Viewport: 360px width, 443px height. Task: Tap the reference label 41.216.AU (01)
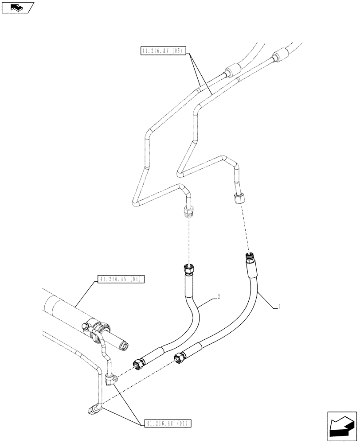166,424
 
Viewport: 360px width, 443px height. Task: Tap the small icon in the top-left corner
17,7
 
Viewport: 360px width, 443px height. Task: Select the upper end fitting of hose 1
249,257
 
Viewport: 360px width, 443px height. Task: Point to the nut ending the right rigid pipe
238,198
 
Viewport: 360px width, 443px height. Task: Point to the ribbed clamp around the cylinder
101,328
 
